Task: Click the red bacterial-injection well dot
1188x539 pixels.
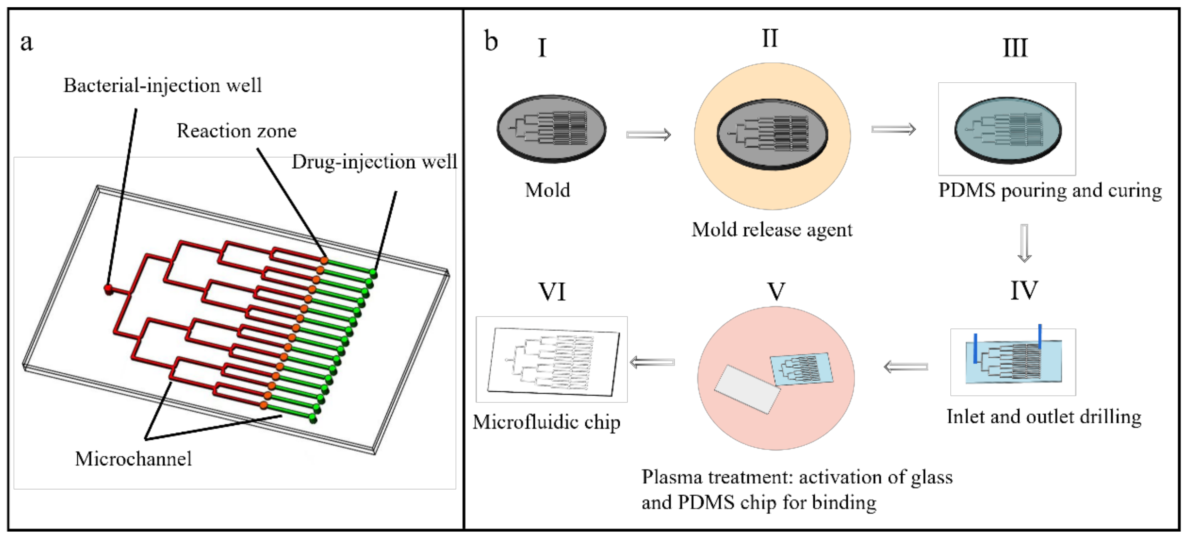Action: [x=108, y=289]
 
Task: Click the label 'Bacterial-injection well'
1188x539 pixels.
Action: [x=163, y=86]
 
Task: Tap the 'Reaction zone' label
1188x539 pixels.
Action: [x=237, y=131]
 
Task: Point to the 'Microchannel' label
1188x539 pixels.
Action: [x=133, y=459]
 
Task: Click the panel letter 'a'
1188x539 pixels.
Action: [x=27, y=42]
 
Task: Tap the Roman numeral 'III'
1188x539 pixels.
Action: [x=1015, y=48]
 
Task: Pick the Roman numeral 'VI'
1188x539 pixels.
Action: [x=552, y=292]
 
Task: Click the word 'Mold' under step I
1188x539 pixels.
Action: [x=548, y=190]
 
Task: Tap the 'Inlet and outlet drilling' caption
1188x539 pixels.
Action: [x=1044, y=417]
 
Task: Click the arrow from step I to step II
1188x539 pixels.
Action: [x=648, y=134]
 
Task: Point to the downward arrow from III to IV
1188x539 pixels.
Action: [x=1024, y=243]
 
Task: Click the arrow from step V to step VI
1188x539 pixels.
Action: [x=652, y=362]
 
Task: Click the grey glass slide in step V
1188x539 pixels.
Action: [x=747, y=389]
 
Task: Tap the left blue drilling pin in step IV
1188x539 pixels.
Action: [x=975, y=348]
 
